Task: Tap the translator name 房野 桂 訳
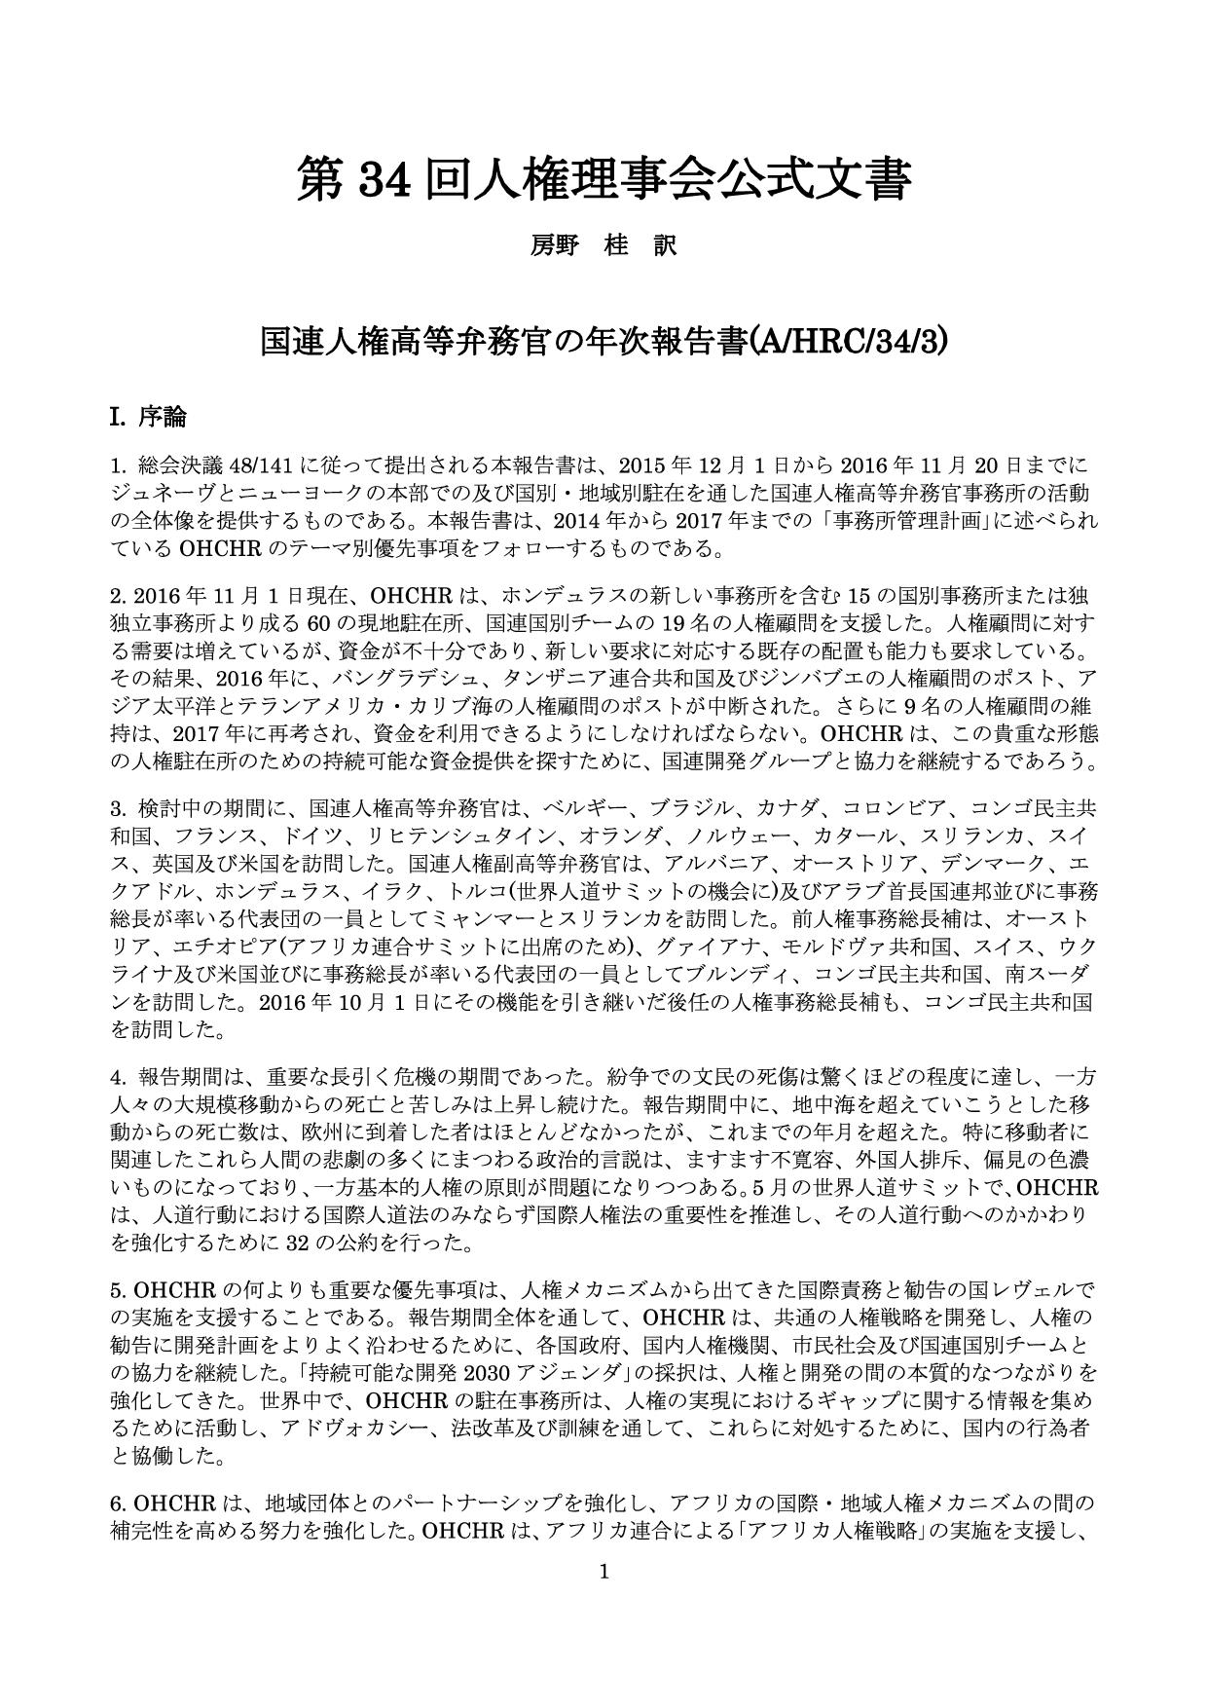pyautogui.click(x=603, y=246)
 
